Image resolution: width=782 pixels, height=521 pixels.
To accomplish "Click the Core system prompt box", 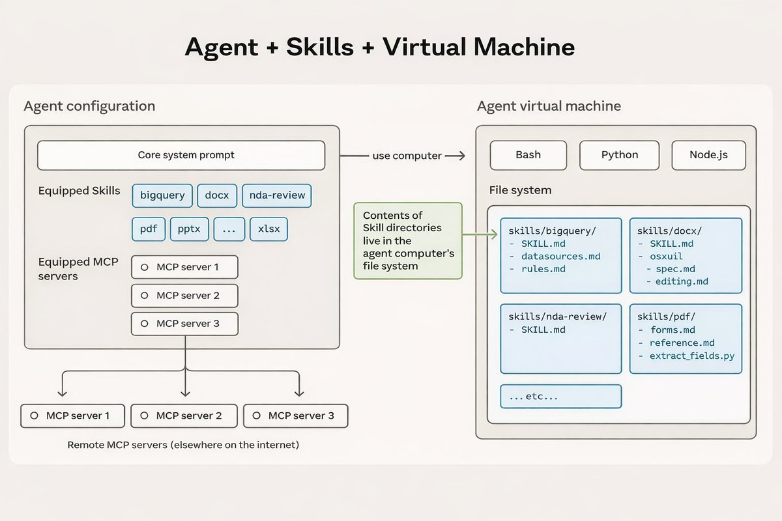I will pyautogui.click(x=181, y=156).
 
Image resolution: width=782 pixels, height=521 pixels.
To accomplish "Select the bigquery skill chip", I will pyautogui.click(x=162, y=195).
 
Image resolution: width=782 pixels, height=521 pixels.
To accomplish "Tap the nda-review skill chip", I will pyautogui.click(x=276, y=195).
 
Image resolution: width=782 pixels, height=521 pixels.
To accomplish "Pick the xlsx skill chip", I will pyautogui.click(x=269, y=229).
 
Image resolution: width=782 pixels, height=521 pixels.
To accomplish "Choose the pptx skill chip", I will pyautogui.click(x=190, y=229).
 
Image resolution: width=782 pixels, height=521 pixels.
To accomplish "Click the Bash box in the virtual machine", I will pyautogui.click(x=528, y=155).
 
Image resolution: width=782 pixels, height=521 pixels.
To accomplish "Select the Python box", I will pyautogui.click(x=619, y=155).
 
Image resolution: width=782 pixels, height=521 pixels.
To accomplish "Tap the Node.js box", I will pyautogui.click(x=708, y=155).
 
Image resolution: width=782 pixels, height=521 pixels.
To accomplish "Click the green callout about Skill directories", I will pyautogui.click(x=408, y=240).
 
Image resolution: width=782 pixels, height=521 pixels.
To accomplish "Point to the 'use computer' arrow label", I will pyautogui.click(x=407, y=156).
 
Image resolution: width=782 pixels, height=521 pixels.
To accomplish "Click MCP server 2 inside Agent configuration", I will pyautogui.click(x=184, y=296).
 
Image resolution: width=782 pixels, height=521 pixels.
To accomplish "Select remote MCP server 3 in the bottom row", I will pyautogui.click(x=295, y=415).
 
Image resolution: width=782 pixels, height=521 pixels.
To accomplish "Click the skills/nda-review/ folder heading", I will pyautogui.click(x=557, y=317).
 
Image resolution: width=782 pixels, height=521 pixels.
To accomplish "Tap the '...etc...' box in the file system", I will pyautogui.click(x=560, y=396).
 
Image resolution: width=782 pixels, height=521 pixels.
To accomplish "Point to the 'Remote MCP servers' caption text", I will pyautogui.click(x=183, y=445).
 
